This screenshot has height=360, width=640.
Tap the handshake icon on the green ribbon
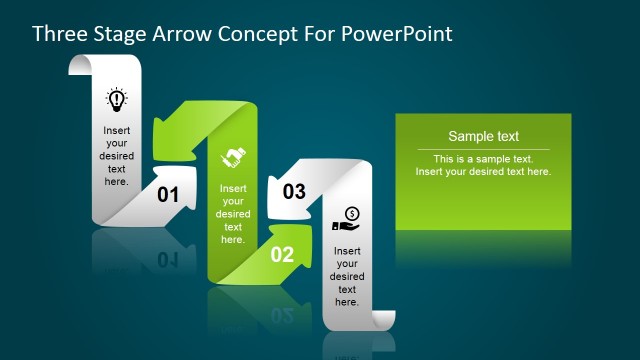click(x=233, y=157)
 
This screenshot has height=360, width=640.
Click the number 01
click(x=168, y=195)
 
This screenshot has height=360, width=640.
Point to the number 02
click(x=282, y=255)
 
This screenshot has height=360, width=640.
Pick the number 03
click(x=294, y=192)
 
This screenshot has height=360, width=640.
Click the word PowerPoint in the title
click(x=398, y=33)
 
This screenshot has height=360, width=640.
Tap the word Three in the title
click(x=59, y=33)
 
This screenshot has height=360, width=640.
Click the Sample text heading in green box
click(x=483, y=137)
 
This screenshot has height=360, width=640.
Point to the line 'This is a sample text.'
click(x=483, y=159)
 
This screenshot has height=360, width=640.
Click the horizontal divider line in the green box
click(x=483, y=149)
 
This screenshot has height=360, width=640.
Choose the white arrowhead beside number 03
click(x=284, y=199)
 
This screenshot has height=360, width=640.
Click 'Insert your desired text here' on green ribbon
click(x=233, y=214)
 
